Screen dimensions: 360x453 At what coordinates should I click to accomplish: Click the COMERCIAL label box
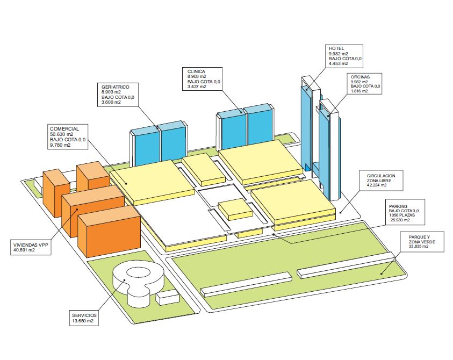pos(67,138)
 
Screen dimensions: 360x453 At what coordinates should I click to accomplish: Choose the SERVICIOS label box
pos(85,318)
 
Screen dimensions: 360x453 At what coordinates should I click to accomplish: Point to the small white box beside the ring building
pos(167,297)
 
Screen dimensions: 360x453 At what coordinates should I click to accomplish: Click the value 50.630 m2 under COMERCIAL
pos(61,134)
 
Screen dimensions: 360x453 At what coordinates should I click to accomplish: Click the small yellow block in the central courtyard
pos(235,208)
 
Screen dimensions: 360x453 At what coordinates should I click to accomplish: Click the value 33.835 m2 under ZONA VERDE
pos(421,248)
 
